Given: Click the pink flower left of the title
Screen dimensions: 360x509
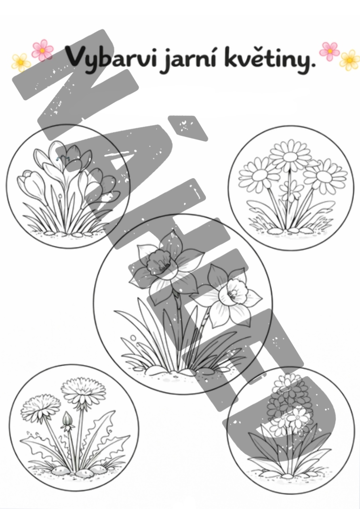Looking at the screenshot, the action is coord(42,50).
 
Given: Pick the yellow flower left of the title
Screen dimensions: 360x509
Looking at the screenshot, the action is coord(21,63).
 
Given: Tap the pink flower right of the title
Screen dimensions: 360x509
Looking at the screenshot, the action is coord(329,52).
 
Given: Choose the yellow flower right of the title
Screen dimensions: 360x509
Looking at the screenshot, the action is coord(350,60).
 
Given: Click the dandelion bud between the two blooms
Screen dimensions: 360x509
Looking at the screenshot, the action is coord(67,421).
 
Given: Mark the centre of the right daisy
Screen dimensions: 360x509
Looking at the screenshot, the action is coord(324,176).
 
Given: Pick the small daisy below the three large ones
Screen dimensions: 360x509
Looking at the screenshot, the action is coord(291,190).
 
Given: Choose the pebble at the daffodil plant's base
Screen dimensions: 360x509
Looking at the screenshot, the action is coord(157,371).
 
